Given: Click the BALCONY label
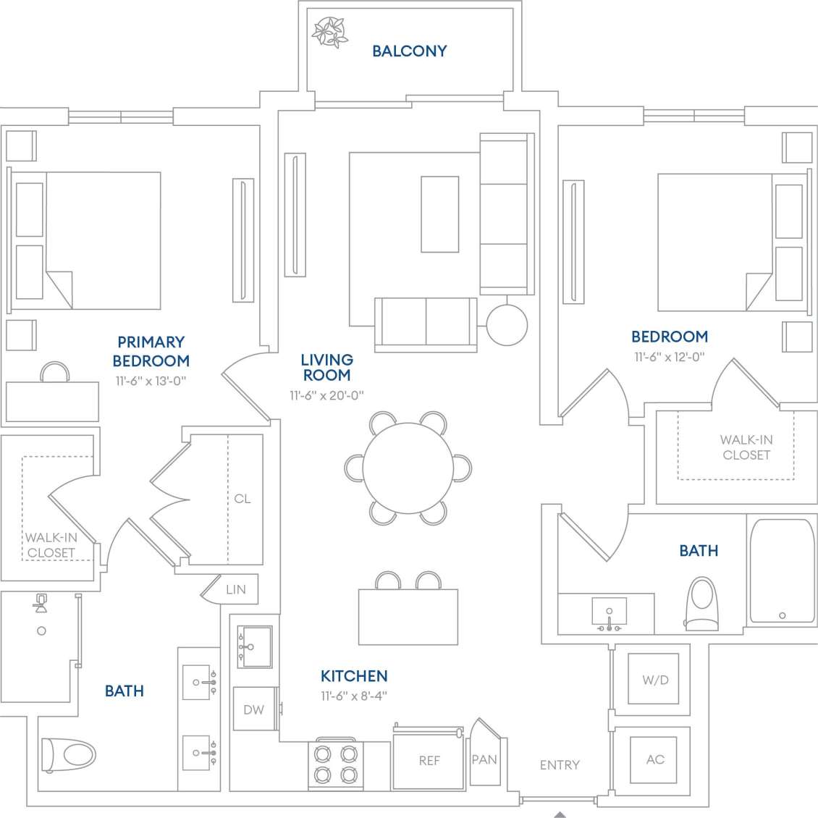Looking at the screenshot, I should pyautogui.click(x=409, y=51).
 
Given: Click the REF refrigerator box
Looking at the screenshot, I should pyautogui.click(x=429, y=760).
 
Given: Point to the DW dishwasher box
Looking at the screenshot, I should pyautogui.click(x=253, y=709).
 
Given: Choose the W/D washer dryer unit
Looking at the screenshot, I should pyautogui.click(x=654, y=680).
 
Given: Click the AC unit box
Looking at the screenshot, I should pyautogui.click(x=654, y=759).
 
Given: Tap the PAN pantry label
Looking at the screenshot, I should pyautogui.click(x=484, y=759).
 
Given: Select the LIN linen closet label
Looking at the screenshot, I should pyautogui.click(x=235, y=589).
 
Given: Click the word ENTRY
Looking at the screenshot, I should pyautogui.click(x=560, y=764).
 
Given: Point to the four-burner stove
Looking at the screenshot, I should pyautogui.click(x=336, y=764).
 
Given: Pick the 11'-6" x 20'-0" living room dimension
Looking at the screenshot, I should pyautogui.click(x=326, y=395).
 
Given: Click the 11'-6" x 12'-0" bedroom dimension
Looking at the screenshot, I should pyautogui.click(x=669, y=357).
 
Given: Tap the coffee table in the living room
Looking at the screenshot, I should pyautogui.click(x=439, y=214).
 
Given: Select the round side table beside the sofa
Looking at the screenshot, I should pyautogui.click(x=507, y=325).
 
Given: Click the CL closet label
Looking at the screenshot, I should pyautogui.click(x=242, y=498).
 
